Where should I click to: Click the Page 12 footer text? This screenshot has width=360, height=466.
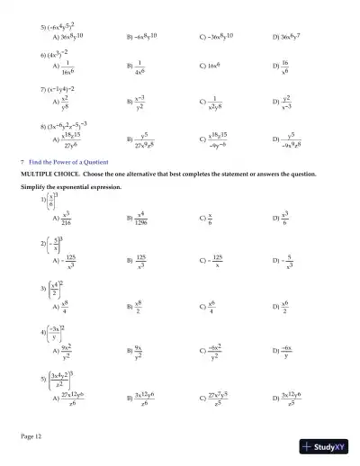coord(32,436)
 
